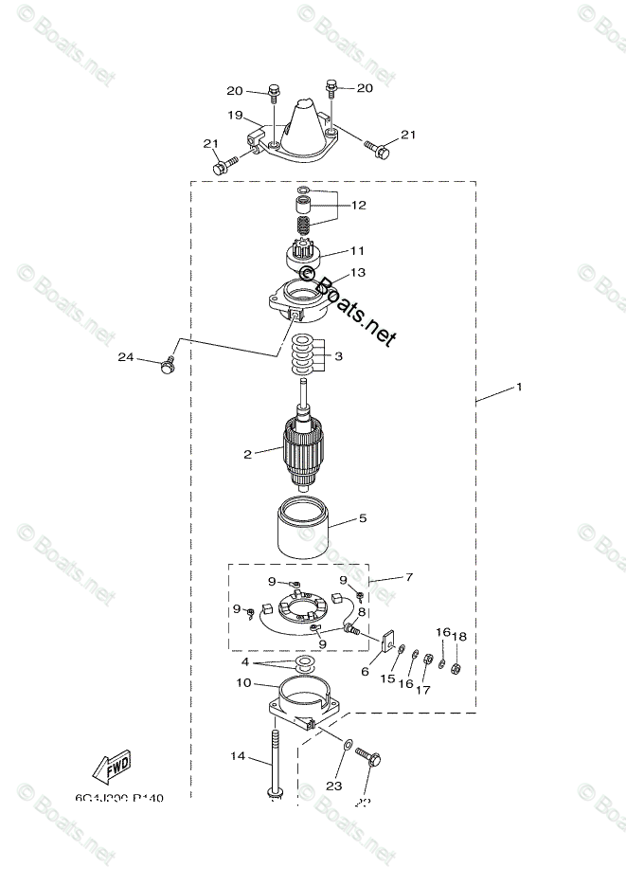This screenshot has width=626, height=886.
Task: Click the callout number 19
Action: pyautogui.click(x=235, y=115)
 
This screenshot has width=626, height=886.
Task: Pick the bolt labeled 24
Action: pyautogui.click(x=170, y=366)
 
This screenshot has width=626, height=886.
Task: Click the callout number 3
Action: pyautogui.click(x=338, y=356)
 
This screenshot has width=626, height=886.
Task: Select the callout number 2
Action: pyautogui.click(x=247, y=455)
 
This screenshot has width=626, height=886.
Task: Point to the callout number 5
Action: pyautogui.click(x=362, y=518)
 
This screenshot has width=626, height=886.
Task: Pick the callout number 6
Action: pyautogui.click(x=366, y=670)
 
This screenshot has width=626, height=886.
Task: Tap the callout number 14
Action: pyautogui.click(x=236, y=755)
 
